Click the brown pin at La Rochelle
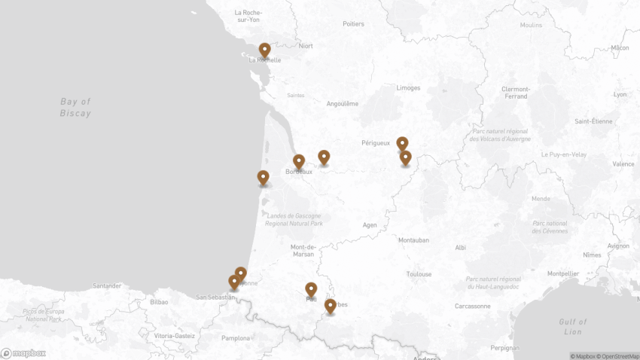(x=264, y=50)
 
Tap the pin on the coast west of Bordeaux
(x=263, y=178)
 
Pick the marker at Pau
(x=311, y=289)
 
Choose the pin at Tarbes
(x=330, y=306)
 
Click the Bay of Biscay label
(x=75, y=107)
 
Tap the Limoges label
(x=408, y=87)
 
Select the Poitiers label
(x=353, y=23)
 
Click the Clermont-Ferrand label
(x=516, y=93)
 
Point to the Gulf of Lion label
(x=573, y=326)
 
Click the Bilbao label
(x=159, y=301)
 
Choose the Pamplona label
(x=236, y=338)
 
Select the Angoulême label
(x=343, y=103)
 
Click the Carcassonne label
(x=472, y=306)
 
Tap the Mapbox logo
(x=23, y=352)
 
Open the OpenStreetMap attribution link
(x=618, y=356)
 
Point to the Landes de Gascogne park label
(x=294, y=219)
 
